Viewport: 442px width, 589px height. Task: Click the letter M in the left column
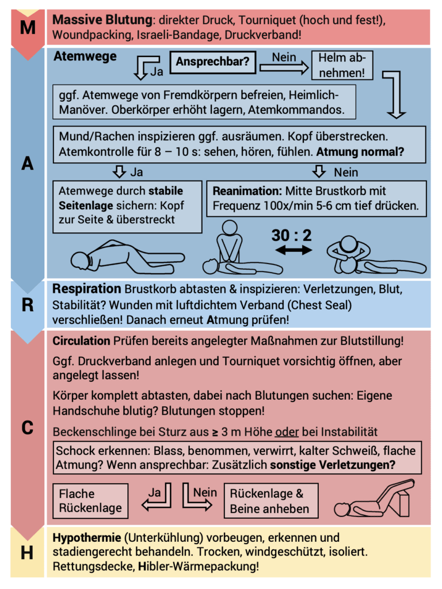click(27, 27)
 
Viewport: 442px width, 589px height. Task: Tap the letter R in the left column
click(27, 305)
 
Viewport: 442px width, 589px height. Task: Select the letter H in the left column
click(27, 553)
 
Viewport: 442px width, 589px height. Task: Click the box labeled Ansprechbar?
click(212, 62)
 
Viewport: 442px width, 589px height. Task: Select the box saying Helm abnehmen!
click(342, 66)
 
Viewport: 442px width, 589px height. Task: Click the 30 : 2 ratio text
click(292, 235)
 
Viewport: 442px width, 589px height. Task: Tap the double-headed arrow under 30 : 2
click(293, 250)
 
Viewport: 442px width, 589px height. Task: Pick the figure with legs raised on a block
click(375, 499)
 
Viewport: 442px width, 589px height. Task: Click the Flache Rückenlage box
click(90, 501)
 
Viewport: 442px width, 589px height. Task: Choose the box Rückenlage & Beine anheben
click(270, 501)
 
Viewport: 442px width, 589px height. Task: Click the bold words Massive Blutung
click(102, 20)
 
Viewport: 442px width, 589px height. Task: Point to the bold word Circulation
click(81, 341)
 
